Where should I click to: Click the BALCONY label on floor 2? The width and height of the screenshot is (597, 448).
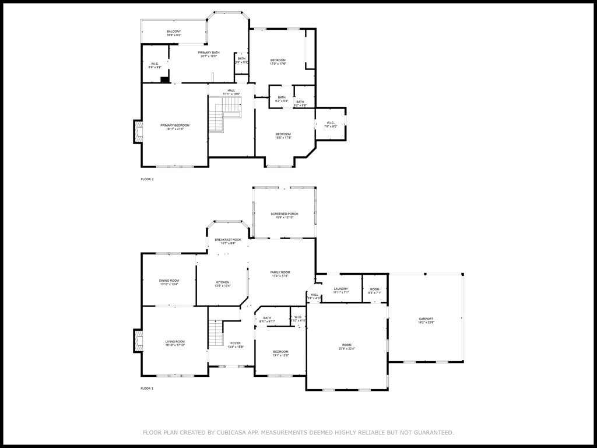[x=174, y=32]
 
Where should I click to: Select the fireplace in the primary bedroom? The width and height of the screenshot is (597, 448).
[x=138, y=132]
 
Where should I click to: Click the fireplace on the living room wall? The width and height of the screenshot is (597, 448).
[x=138, y=341]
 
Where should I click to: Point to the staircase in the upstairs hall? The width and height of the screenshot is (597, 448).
[x=224, y=114]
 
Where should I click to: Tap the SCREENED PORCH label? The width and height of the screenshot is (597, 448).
[x=284, y=214]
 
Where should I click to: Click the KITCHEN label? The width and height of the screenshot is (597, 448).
[x=223, y=282]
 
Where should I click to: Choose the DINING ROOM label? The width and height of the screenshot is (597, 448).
[x=169, y=281]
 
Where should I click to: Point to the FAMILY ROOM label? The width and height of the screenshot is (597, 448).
[x=280, y=272]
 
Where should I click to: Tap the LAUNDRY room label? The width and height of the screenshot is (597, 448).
[x=340, y=289]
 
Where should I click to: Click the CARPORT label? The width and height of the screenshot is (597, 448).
[x=426, y=318]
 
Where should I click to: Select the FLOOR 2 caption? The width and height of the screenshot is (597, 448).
[x=147, y=179]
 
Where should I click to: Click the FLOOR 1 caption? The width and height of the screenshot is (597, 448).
[x=147, y=388]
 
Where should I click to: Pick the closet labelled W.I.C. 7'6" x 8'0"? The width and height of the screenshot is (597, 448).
[x=330, y=124]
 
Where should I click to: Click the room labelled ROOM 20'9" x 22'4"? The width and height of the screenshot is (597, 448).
[x=346, y=346]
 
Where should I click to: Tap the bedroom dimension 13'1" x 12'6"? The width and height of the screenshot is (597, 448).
[x=280, y=355]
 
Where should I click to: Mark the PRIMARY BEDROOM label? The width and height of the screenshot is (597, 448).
[x=175, y=125]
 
